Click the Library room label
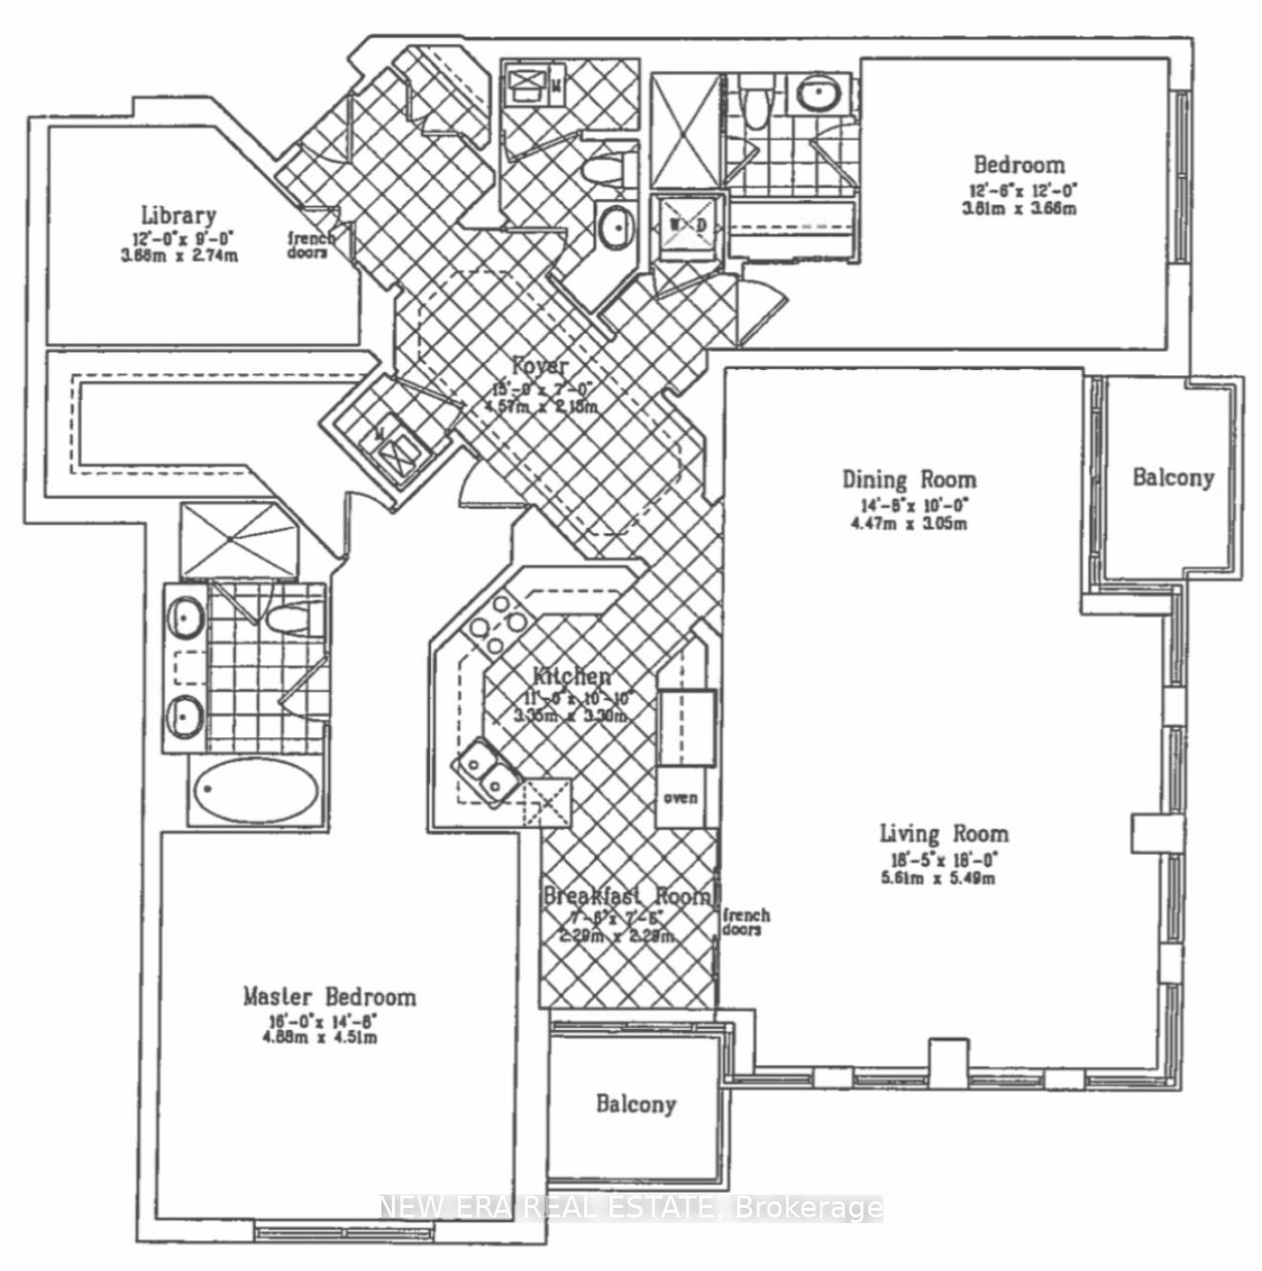[x=179, y=216]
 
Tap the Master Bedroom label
[x=329, y=997]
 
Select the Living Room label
[x=944, y=834]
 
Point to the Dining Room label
[x=909, y=479]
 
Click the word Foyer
[x=540, y=365]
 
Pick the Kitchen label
[x=571, y=677]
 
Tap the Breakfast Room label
[x=627, y=896]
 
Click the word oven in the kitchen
[x=681, y=798]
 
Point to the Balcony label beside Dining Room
[x=1173, y=477]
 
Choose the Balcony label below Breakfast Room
[x=636, y=1105]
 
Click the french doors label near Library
[x=312, y=246]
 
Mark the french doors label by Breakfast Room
[x=746, y=922]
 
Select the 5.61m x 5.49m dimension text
[x=937, y=878]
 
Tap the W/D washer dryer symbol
[x=687, y=225]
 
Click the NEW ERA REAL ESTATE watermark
[x=631, y=1208]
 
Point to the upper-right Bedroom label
[x=1018, y=164]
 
